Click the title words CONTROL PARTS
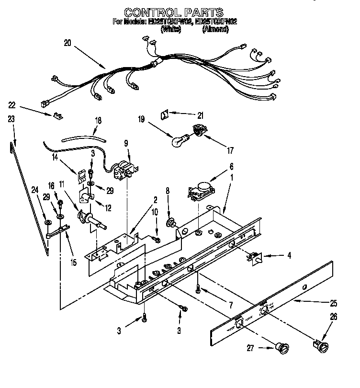[173, 12]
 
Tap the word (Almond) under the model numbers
[215, 29]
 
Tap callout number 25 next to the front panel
[333, 303]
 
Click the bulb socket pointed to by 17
[198, 129]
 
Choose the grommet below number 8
[170, 222]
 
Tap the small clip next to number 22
[58, 116]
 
